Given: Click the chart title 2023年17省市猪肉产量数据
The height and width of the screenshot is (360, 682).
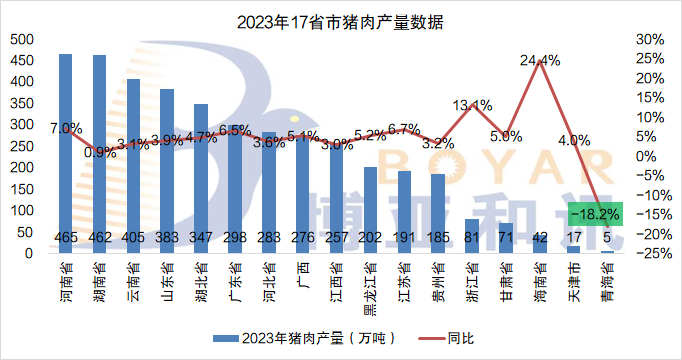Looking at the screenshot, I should (x=341, y=21).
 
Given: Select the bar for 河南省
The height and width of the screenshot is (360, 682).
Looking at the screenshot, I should (x=65, y=150).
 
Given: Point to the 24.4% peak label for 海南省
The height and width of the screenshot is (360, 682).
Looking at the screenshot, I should (x=541, y=60).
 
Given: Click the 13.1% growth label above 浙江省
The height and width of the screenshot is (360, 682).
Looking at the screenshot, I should (x=472, y=104).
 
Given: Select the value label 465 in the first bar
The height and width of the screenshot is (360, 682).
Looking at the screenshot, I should (x=65, y=238).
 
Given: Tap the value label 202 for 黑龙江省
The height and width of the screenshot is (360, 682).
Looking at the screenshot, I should (x=370, y=238).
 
